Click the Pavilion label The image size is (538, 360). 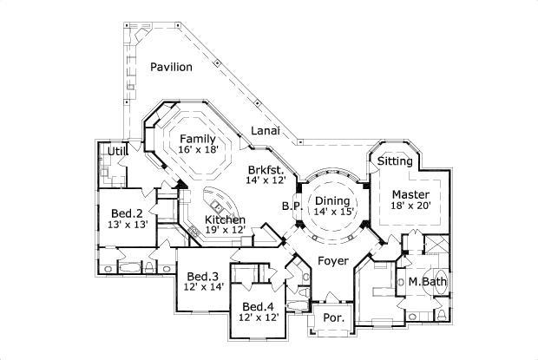[171, 67]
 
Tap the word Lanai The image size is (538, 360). [266, 130]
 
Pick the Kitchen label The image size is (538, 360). [225, 219]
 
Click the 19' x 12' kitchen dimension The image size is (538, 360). [225, 230]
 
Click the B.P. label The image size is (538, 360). [291, 206]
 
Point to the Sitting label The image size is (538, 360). [395, 161]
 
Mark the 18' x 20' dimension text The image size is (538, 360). [409, 205]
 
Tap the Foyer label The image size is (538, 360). [333, 259]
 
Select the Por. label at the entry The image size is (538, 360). [333, 318]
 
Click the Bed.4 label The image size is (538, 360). [259, 306]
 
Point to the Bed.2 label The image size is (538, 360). [127, 213]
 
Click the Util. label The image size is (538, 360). [116, 153]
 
